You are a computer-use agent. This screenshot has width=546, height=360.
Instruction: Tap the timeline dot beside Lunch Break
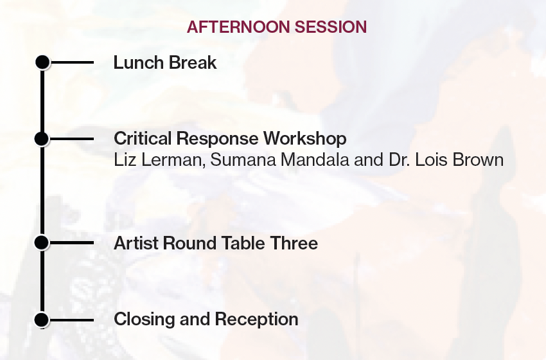click(42, 62)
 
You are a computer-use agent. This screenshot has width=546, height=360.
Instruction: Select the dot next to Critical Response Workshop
click(42, 139)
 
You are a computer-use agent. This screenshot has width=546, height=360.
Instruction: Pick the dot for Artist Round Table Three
click(42, 242)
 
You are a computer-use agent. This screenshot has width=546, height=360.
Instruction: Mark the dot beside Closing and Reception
click(42, 319)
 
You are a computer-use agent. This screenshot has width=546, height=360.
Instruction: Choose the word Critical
click(143, 138)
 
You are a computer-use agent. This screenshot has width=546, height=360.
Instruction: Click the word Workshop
click(304, 139)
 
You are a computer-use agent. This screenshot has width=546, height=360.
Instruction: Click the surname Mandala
click(315, 160)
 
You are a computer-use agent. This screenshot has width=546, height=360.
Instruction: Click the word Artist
click(136, 243)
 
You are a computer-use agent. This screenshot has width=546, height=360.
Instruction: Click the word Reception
click(256, 320)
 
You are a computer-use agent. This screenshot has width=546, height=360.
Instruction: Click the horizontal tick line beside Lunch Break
click(72, 62)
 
